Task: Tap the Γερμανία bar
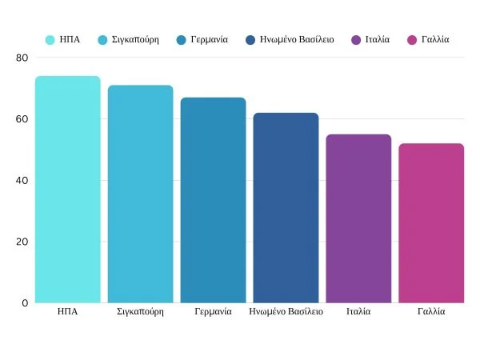tap(213, 200)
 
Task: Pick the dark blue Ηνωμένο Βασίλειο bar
tap(286, 208)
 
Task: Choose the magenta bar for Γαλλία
tap(431, 223)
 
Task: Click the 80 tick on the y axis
tap(21, 58)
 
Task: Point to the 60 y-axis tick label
tap(21, 119)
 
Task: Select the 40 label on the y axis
tap(21, 181)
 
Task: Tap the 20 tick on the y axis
tap(21, 242)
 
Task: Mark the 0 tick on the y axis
tap(24, 303)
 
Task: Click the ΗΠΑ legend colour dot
tap(50, 39)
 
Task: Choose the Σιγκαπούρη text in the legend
tap(135, 39)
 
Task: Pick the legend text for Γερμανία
tap(209, 39)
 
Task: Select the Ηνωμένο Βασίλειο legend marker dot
tap(250, 39)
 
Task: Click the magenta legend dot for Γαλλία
tap(411, 39)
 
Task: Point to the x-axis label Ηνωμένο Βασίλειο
tap(286, 311)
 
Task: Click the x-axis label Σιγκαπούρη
tap(141, 311)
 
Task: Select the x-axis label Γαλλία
tap(431, 311)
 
